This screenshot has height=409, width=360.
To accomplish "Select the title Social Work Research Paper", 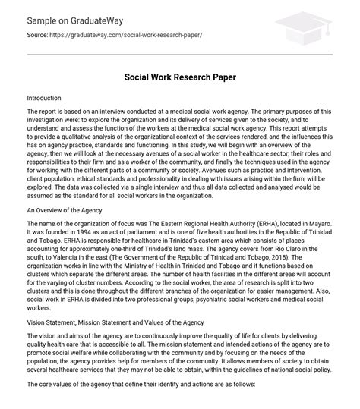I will (179, 77).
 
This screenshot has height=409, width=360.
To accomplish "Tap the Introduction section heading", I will (49, 99).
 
